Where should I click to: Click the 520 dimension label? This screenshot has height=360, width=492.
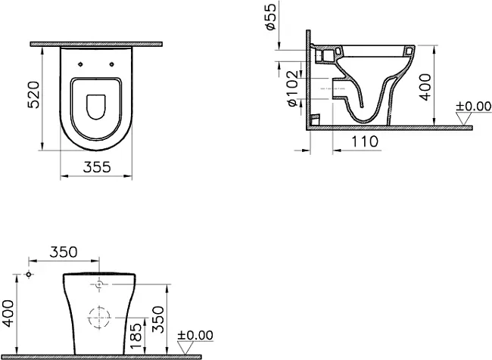[x=34, y=95]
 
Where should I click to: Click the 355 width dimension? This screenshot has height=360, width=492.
[x=97, y=167]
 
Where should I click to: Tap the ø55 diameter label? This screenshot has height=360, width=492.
[x=270, y=17]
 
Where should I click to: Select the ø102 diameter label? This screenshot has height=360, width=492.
[x=292, y=88]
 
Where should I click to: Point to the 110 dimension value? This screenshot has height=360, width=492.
[x=364, y=141]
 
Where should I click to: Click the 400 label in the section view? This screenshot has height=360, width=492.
[x=425, y=87]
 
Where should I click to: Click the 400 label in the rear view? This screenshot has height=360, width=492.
[x=8, y=313]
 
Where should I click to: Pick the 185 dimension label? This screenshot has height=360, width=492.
[x=135, y=337]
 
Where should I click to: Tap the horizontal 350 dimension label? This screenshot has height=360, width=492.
[x=64, y=252]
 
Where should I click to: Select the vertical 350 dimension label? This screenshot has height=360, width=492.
[x=158, y=320]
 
